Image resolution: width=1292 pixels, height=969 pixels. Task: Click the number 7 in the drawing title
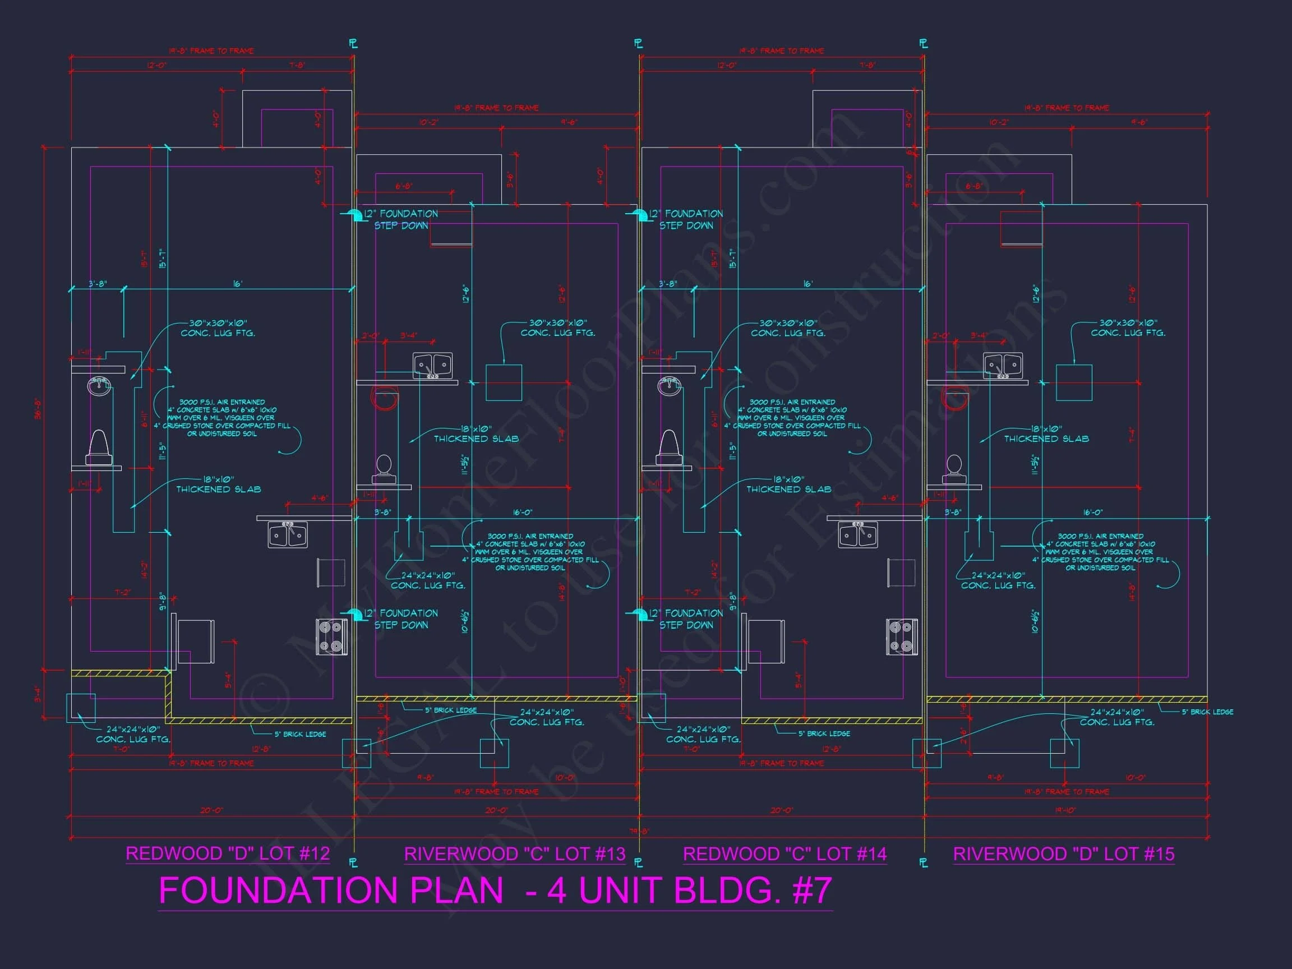click(820, 890)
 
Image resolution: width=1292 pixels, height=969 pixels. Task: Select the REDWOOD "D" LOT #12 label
click(228, 853)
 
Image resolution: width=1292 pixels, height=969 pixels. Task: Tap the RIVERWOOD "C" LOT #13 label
click(515, 854)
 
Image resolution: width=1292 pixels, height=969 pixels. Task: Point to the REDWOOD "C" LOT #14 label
click(785, 854)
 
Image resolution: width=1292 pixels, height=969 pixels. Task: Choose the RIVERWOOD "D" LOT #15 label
click(1064, 854)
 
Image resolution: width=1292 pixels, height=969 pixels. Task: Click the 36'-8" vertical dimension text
click(39, 408)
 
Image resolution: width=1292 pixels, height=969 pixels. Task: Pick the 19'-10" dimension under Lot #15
click(1065, 811)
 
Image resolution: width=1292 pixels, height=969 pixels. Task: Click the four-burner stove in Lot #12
click(331, 636)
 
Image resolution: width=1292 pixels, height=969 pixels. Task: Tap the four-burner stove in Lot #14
click(901, 636)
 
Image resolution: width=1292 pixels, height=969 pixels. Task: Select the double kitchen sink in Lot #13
click(432, 366)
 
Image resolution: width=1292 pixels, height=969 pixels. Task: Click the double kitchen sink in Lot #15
click(1003, 366)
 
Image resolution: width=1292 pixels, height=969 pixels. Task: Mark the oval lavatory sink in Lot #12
click(99, 385)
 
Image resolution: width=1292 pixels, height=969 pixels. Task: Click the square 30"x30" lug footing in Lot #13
click(504, 382)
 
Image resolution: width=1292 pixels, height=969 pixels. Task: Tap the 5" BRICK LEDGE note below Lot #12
click(300, 734)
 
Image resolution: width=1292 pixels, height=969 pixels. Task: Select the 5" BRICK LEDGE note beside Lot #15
click(1207, 712)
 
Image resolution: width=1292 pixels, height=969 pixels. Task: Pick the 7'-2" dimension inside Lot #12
click(122, 592)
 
